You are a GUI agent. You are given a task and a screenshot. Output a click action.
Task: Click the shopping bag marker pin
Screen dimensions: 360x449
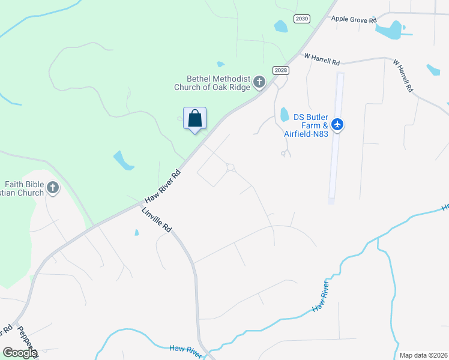pos(194,118)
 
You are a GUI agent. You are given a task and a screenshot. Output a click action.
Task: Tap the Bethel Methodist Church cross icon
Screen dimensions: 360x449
pos(259,82)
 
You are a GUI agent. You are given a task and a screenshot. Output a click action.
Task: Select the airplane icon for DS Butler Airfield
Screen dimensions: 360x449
pos(337,125)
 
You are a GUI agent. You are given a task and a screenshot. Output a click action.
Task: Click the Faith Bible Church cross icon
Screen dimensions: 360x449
pos(53,188)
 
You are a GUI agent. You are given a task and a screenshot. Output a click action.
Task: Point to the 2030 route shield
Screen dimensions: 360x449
pos(302,19)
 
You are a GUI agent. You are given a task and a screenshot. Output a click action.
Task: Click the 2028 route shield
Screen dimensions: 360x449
pos(280,70)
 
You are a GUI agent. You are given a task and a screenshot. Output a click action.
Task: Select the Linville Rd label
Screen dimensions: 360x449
pos(157,220)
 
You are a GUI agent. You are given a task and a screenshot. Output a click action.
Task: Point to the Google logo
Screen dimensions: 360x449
pos(20,352)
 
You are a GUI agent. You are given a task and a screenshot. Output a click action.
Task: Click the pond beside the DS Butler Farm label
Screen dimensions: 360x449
pos(285,114)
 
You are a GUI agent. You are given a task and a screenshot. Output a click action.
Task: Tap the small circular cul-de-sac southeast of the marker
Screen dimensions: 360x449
pos(230,167)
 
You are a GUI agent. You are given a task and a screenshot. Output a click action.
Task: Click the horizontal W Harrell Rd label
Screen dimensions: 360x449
pos(322,59)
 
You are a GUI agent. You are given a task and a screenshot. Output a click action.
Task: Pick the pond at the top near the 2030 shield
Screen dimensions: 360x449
pos(280,26)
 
